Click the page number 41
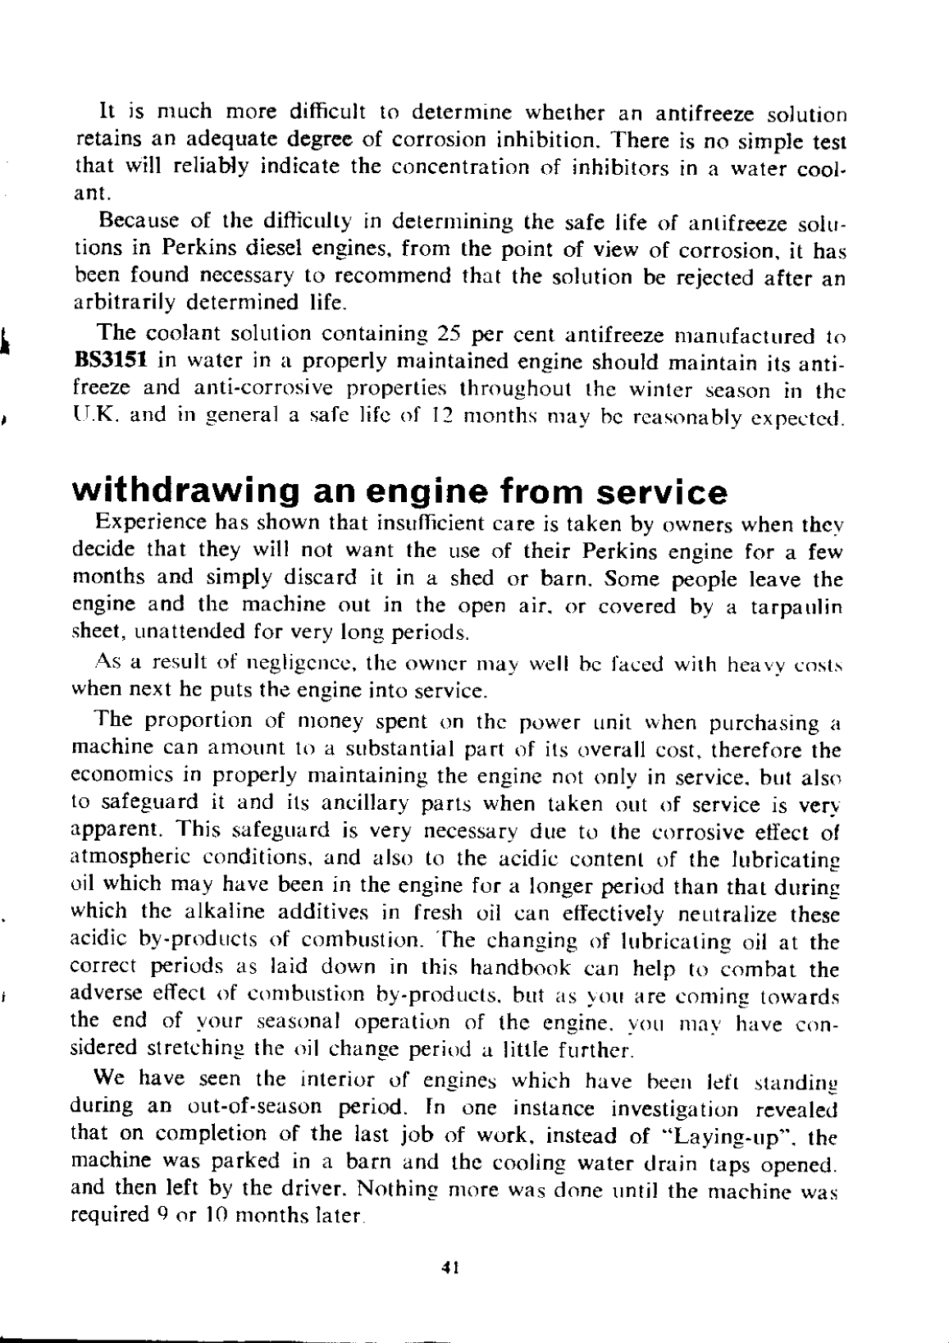click(449, 1266)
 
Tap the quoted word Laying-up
click(747, 1136)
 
